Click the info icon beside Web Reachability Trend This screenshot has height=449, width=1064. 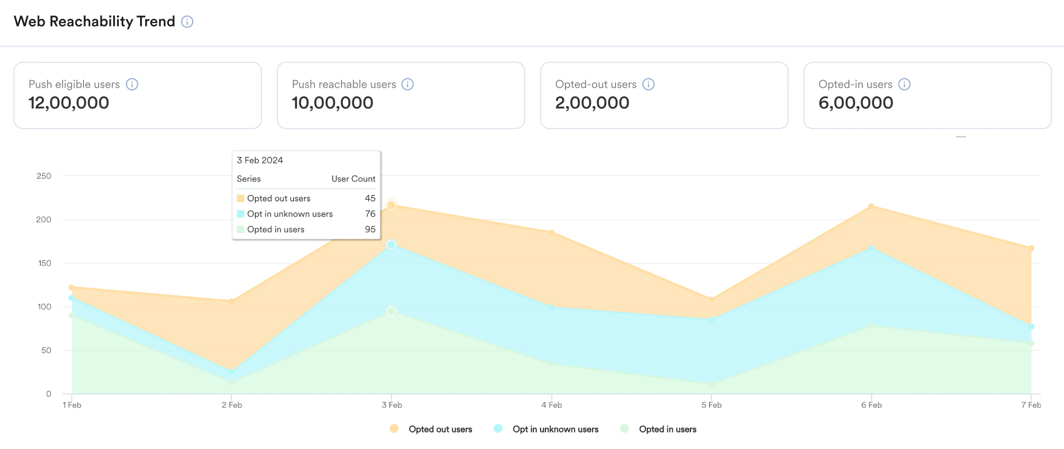(187, 22)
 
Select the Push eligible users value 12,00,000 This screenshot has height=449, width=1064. (69, 103)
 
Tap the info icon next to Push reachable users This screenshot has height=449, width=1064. (407, 84)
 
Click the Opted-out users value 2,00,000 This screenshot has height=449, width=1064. (592, 103)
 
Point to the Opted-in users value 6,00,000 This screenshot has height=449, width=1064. (856, 103)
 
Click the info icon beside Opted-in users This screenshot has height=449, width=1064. (904, 84)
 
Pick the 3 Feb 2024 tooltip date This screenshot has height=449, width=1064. (260, 160)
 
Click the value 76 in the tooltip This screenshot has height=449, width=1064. (370, 214)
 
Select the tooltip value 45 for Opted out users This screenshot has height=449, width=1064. (370, 199)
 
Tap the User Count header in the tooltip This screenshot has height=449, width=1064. (353, 179)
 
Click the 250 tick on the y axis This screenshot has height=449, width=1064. (44, 176)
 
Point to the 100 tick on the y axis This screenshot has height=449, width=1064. (44, 307)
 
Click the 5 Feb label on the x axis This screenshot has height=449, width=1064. (711, 405)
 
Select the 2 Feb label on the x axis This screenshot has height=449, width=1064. (232, 405)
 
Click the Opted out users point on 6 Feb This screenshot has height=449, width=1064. (871, 206)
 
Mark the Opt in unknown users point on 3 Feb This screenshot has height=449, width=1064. (391, 245)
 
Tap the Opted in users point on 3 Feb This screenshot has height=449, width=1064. (391, 311)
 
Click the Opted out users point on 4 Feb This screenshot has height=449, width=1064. (551, 232)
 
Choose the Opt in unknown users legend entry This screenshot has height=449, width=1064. (555, 429)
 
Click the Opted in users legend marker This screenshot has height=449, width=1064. (624, 429)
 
